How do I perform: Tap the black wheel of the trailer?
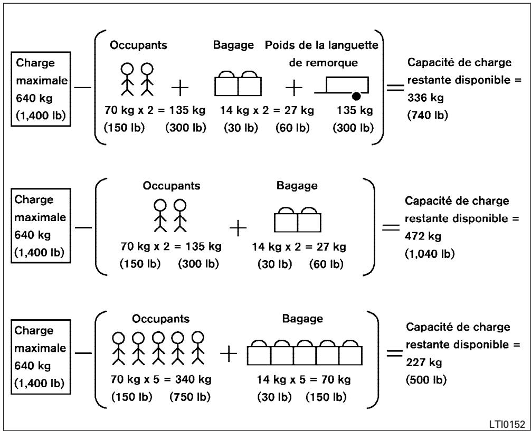point(356,97)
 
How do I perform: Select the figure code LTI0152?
point(507,424)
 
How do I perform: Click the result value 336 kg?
point(425,98)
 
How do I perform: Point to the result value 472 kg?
point(423,236)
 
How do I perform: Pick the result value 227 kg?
point(424,362)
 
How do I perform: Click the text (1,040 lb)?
point(430,254)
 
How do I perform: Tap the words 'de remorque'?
point(323,63)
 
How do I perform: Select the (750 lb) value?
point(190,397)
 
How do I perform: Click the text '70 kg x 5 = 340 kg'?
point(161,379)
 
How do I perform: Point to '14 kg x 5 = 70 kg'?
point(304,379)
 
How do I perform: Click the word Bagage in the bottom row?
point(302,319)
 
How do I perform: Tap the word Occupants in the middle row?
point(172,186)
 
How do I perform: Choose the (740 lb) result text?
point(428,116)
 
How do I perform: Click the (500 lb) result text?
point(426,380)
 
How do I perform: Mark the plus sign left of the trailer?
point(294,88)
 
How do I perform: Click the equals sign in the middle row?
point(391,227)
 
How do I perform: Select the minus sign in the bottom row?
point(83,353)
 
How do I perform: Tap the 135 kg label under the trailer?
point(355,110)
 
